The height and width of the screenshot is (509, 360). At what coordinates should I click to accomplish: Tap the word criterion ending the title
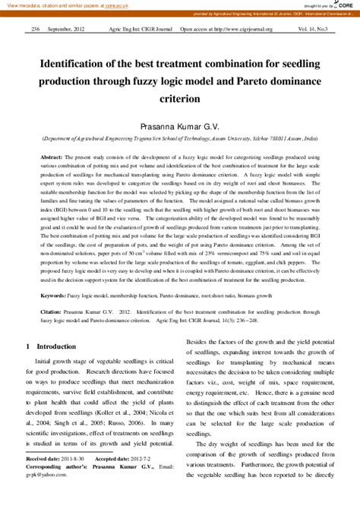180,99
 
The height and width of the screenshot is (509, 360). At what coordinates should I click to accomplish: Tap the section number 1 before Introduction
28,346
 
